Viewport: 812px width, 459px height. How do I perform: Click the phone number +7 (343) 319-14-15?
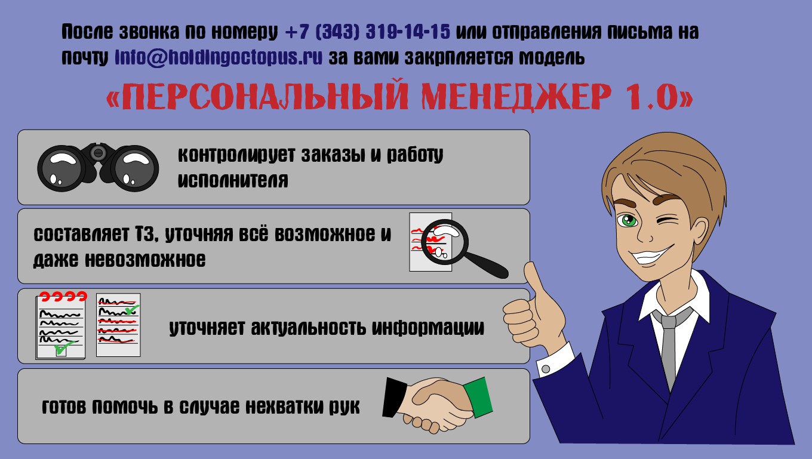click(x=368, y=32)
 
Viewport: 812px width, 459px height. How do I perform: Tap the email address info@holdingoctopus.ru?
click(x=219, y=57)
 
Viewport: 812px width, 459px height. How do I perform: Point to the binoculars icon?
click(x=98, y=167)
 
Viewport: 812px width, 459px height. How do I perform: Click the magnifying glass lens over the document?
click(x=445, y=242)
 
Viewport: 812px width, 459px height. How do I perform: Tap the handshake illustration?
click(x=438, y=405)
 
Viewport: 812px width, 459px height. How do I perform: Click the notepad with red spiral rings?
click(x=61, y=325)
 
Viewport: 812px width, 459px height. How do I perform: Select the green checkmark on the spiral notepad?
click(x=63, y=347)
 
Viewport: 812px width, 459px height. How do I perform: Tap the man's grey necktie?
click(x=668, y=349)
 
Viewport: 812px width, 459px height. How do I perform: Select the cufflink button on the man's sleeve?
click(x=546, y=369)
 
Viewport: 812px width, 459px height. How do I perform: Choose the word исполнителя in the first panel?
click(x=233, y=180)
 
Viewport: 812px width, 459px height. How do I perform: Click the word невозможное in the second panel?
click(x=145, y=260)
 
